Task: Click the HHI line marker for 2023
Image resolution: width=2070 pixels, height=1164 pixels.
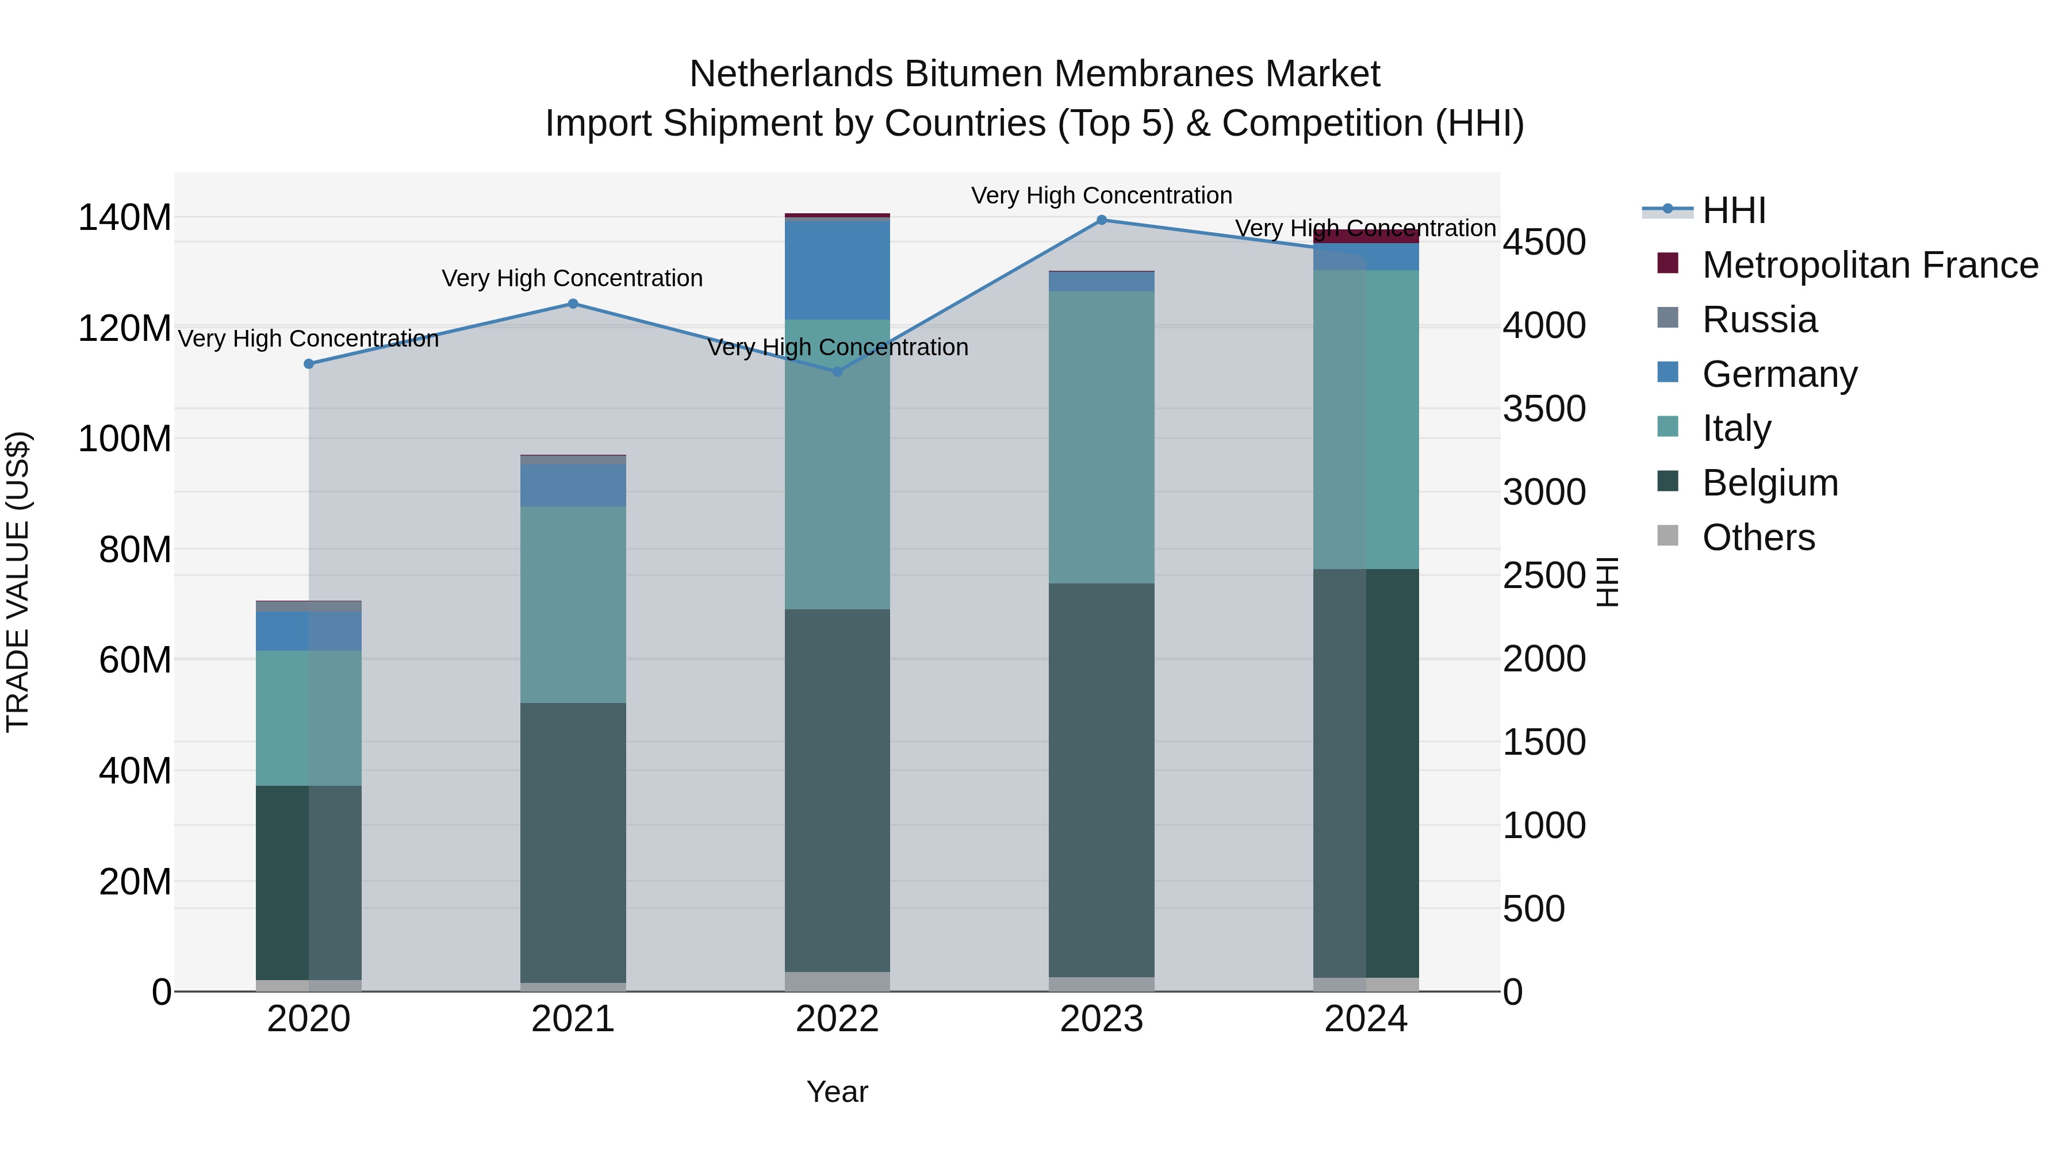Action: click(1101, 220)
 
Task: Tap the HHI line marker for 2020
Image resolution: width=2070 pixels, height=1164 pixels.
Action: click(309, 364)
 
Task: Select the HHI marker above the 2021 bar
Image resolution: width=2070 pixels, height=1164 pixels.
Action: click(573, 304)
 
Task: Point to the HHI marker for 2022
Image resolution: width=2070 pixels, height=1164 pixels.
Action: click(837, 372)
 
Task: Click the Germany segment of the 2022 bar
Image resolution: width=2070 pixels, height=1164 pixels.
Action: click(837, 269)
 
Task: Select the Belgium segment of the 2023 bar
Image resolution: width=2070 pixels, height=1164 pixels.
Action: click(1101, 779)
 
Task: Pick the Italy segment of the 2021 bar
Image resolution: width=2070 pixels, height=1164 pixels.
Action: click(573, 604)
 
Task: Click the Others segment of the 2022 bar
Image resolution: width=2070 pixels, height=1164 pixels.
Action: click(837, 982)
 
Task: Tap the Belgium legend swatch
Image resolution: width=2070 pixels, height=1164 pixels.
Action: click(1668, 482)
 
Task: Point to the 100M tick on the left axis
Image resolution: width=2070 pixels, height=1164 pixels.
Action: click(125, 439)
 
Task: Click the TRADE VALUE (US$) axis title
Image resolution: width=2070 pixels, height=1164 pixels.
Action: click(18, 582)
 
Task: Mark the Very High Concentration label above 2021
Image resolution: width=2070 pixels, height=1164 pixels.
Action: click(572, 279)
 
